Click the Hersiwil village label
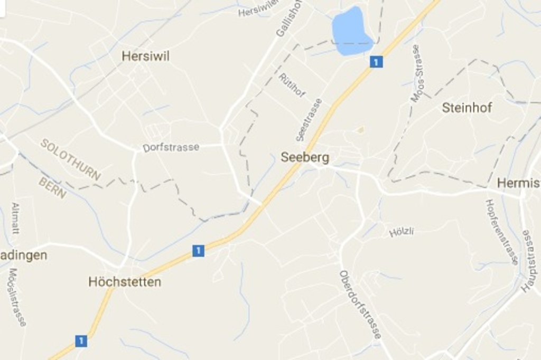pyautogui.click(x=145, y=56)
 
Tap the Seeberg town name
pyautogui.click(x=305, y=157)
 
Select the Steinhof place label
pyautogui.click(x=467, y=108)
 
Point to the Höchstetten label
pyautogui.click(x=125, y=282)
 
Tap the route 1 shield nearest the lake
pyautogui.click(x=376, y=62)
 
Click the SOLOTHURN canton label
pyautogui.click(x=70, y=159)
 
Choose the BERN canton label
pyautogui.click(x=52, y=188)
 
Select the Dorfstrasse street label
pyautogui.click(x=171, y=147)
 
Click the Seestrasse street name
pyautogui.click(x=309, y=120)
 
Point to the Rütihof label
pyautogui.click(x=292, y=86)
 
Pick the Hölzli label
pyautogui.click(x=402, y=231)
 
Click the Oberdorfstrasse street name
pyautogui.click(x=360, y=305)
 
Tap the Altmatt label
pyautogui.click(x=15, y=218)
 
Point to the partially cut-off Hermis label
pyautogui.click(x=518, y=183)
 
